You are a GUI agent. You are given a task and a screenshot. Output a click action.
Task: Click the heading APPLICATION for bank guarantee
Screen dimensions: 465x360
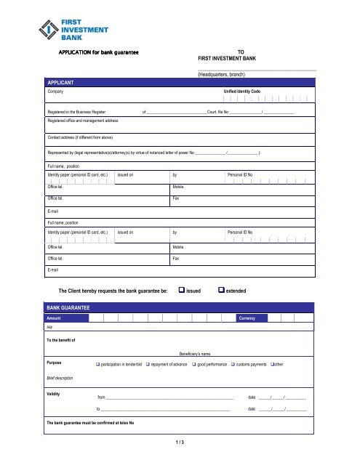click(98, 52)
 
